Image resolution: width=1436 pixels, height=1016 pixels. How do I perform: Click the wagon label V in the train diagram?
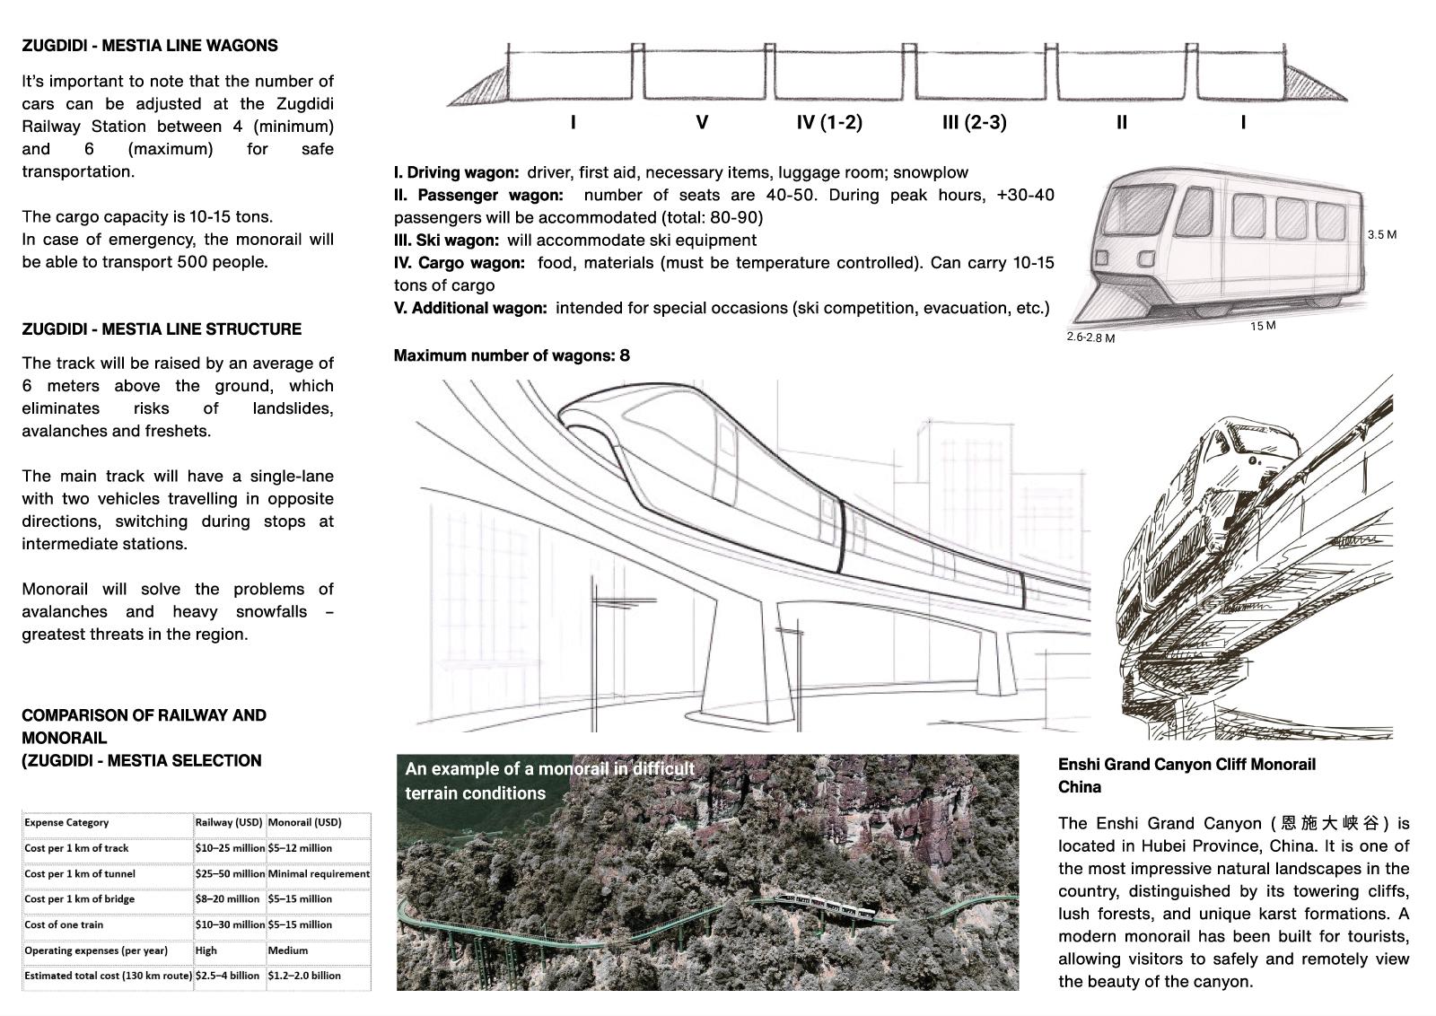(702, 123)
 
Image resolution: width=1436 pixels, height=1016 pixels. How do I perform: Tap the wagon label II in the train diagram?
(1121, 123)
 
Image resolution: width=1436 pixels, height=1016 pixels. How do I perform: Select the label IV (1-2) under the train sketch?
(829, 123)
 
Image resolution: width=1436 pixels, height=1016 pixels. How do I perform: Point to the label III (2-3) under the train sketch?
(974, 123)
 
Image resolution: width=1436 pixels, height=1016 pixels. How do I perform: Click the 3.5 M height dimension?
(1381, 235)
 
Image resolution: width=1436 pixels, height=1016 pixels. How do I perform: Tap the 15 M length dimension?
(1262, 326)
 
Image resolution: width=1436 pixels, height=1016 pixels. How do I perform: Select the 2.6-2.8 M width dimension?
(1090, 338)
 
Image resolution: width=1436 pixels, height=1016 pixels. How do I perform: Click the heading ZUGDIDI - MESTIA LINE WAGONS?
(150, 46)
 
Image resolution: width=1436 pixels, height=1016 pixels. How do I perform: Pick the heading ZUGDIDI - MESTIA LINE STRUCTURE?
(162, 329)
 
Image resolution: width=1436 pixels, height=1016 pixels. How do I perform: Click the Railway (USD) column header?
(229, 822)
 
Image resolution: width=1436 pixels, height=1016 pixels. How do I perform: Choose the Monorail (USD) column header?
(304, 822)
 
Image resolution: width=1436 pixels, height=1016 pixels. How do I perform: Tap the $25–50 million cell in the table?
(229, 873)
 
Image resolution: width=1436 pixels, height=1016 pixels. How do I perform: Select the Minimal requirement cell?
(318, 873)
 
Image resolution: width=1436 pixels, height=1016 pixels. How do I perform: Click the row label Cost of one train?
(64, 924)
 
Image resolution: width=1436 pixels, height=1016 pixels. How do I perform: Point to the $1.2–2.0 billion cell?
(304, 976)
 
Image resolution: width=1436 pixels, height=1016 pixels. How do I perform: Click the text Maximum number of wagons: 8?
(512, 356)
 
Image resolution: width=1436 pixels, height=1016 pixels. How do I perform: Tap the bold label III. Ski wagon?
(446, 241)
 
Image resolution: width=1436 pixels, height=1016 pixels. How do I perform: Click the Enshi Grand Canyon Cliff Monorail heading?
(1186, 765)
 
